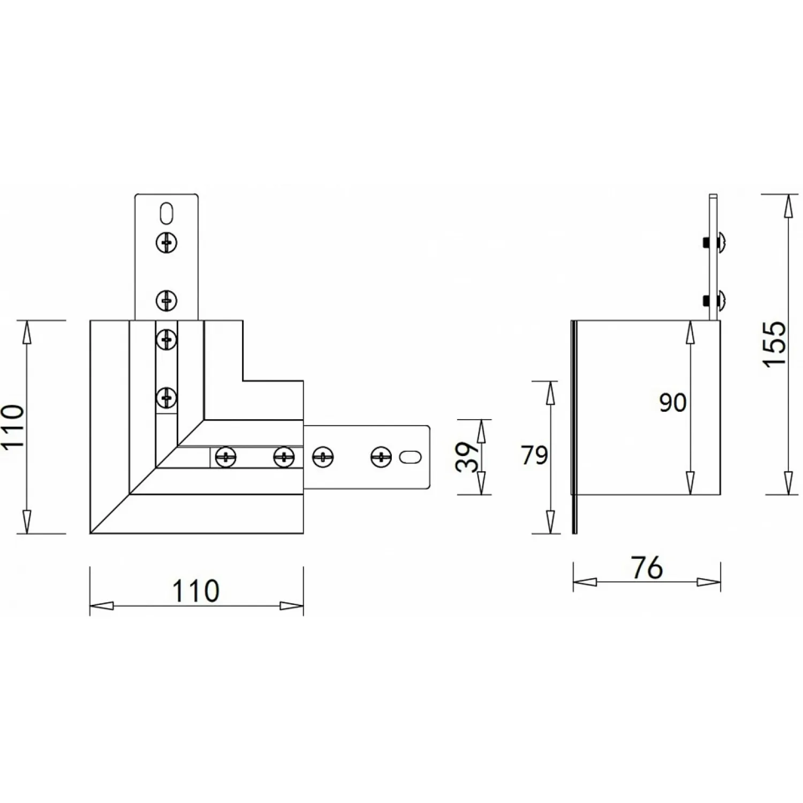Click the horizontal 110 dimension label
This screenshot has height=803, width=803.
pos(195,590)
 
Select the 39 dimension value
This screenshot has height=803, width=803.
pos(467,457)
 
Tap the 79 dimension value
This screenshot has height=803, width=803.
pos(534,456)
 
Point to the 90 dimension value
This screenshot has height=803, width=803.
pos(672,403)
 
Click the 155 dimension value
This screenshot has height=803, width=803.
pos(775,344)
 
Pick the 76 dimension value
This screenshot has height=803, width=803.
pos(647,568)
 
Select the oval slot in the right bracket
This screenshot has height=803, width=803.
pos(411,457)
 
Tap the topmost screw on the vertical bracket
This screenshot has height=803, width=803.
pos(166,243)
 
